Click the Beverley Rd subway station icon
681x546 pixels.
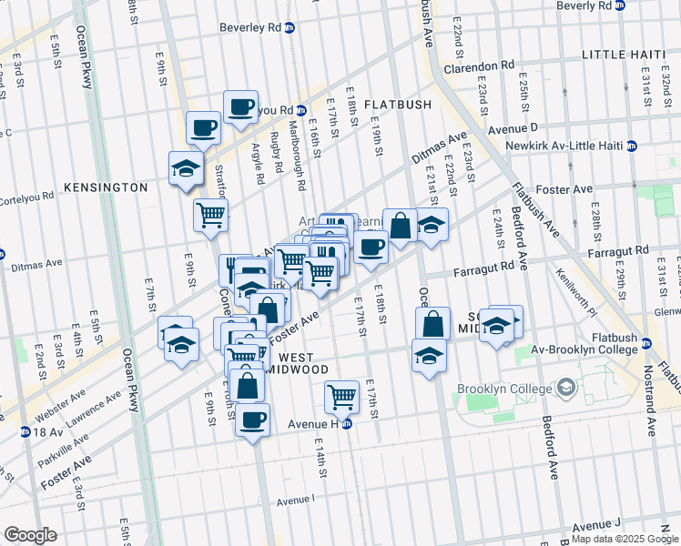[x=290, y=27]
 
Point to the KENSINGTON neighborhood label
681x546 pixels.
[x=106, y=187]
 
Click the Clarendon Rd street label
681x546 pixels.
[x=479, y=66]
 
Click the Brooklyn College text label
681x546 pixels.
[x=504, y=389]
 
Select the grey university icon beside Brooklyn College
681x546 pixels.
[x=567, y=389]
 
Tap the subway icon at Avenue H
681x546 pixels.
[x=347, y=423]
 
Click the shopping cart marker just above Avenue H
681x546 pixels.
[x=341, y=396]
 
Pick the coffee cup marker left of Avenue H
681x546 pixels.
[x=252, y=420]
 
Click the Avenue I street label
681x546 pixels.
[x=295, y=500]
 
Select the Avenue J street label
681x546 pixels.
[x=597, y=525]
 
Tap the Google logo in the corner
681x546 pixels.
[x=30, y=535]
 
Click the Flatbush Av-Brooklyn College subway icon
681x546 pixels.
[x=645, y=343]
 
